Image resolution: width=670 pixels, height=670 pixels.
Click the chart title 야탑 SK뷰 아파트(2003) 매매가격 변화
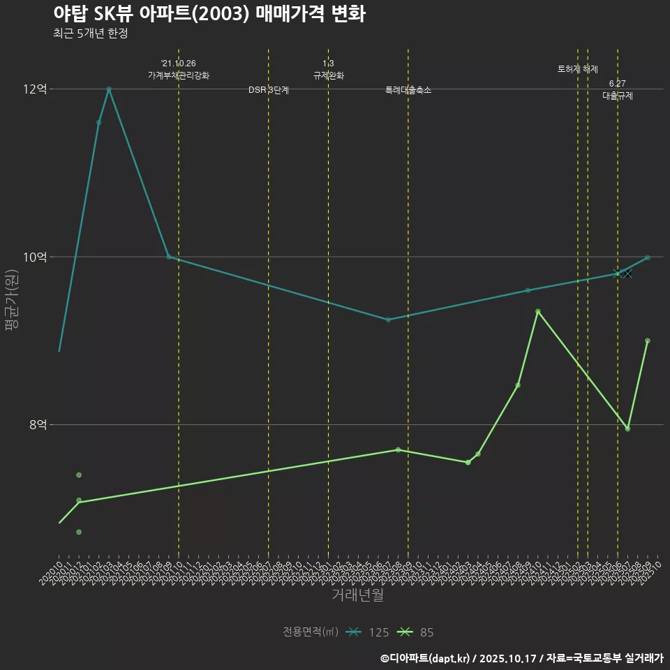tap(209, 14)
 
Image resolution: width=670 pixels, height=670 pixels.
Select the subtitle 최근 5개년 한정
tap(90, 33)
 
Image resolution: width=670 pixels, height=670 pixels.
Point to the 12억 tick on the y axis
tap(35, 89)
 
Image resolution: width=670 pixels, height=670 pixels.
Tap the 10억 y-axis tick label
tap(35, 257)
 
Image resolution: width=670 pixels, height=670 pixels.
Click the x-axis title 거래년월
tap(357, 595)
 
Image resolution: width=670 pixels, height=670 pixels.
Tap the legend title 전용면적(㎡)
tap(311, 632)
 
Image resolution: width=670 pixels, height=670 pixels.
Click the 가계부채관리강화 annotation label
tap(178, 75)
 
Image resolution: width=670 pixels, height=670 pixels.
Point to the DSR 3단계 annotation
tap(269, 90)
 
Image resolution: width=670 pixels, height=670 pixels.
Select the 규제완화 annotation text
tap(328, 75)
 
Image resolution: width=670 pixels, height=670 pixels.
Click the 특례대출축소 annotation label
tap(408, 90)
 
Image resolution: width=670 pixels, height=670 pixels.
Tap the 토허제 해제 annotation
tap(578, 69)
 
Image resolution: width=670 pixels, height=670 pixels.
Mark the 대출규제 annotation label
tap(618, 96)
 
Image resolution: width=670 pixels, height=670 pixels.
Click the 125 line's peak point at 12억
tap(109, 89)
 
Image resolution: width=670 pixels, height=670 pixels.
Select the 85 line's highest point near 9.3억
tap(537, 311)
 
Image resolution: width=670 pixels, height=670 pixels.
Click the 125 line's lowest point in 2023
tap(388, 320)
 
